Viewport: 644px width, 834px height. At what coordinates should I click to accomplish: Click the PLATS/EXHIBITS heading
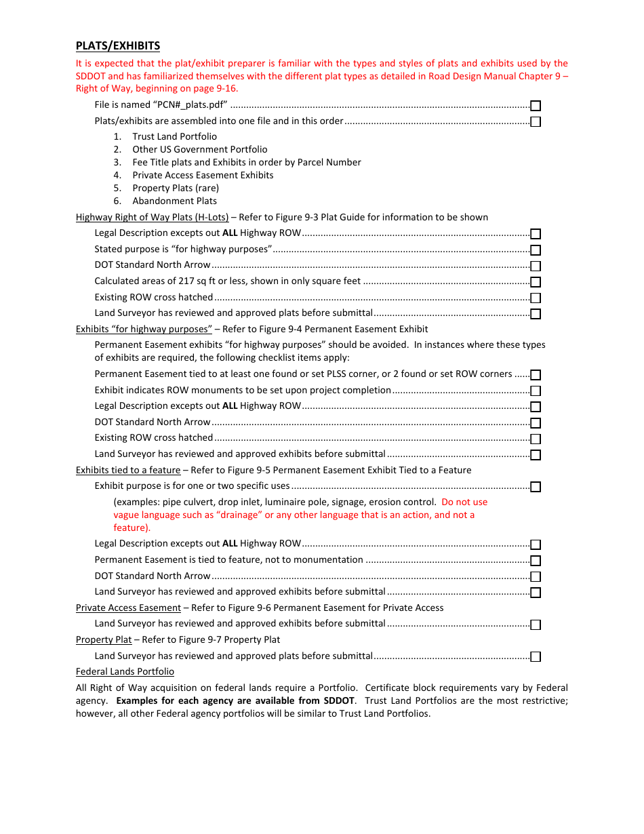(x=118, y=46)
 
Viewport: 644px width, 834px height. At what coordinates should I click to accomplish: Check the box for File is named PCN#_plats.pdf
(x=536, y=106)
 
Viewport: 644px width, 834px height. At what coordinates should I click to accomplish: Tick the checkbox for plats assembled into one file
(x=536, y=122)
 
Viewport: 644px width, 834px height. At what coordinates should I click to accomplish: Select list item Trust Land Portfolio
(x=174, y=136)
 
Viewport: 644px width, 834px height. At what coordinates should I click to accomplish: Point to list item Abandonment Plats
(x=174, y=201)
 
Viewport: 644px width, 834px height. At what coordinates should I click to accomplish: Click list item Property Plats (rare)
(x=176, y=188)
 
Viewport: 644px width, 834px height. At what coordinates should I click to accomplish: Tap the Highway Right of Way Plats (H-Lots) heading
(x=152, y=217)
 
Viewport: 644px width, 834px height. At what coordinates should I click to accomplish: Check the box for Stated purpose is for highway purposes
(x=536, y=250)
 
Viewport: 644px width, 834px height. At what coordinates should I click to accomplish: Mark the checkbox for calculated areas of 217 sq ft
(x=536, y=282)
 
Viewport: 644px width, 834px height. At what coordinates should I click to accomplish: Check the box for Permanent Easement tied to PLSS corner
(x=536, y=375)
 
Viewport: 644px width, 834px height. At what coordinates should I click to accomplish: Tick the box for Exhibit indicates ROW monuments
(x=536, y=391)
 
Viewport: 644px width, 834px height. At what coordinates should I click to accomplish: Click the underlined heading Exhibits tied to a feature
(x=128, y=470)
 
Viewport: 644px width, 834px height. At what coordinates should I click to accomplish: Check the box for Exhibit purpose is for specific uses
(x=536, y=487)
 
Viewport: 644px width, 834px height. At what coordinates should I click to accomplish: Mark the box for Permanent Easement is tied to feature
(x=536, y=561)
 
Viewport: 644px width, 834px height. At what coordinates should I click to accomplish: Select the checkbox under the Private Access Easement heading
(x=536, y=624)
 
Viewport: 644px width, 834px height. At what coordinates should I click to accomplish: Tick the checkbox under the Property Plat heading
(x=536, y=656)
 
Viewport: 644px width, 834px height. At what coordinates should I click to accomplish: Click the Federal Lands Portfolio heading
(x=125, y=671)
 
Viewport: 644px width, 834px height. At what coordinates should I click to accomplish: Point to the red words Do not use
(x=464, y=502)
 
